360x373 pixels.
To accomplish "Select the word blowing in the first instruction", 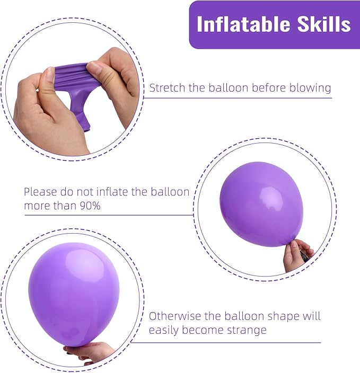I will pos(310,88).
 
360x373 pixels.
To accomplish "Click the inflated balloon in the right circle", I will pos(261,203).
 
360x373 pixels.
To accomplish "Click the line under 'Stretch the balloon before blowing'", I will pos(239,98).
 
